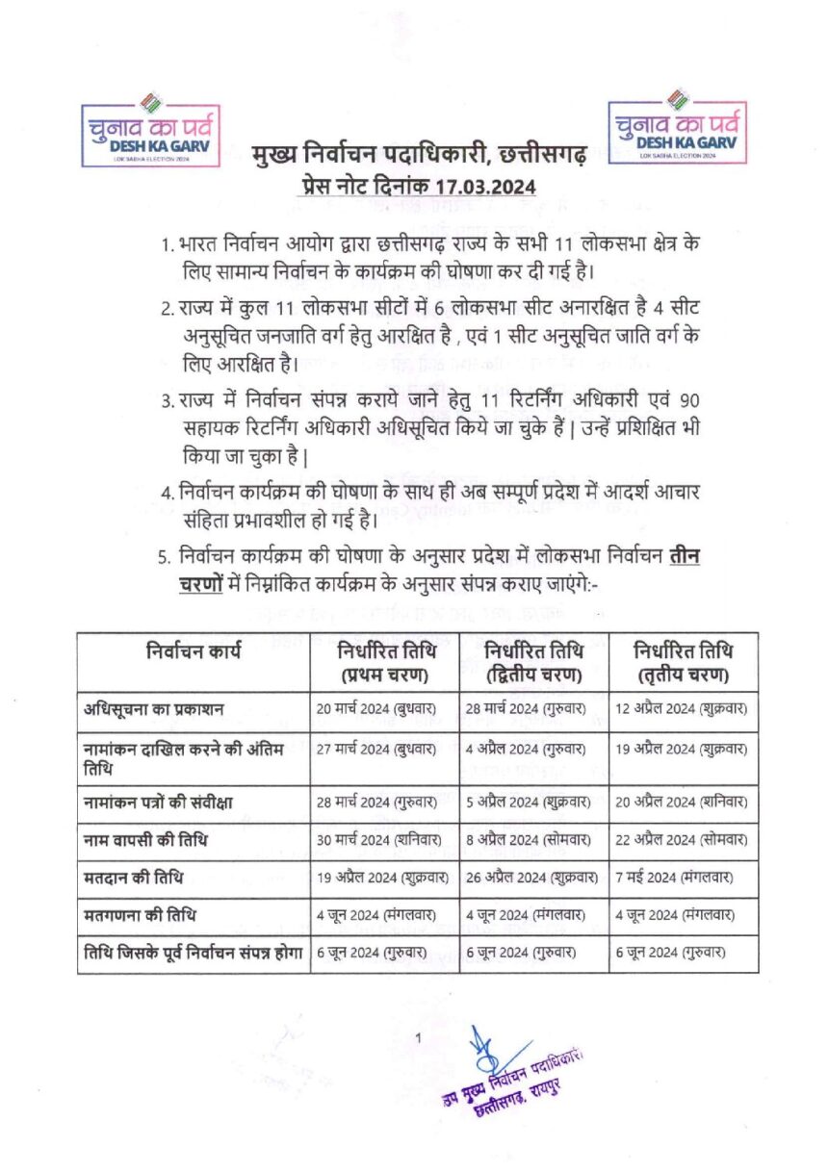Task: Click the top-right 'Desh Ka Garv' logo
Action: [679, 126]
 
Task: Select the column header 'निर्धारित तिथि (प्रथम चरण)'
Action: [383, 662]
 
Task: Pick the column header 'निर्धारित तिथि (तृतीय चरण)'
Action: [683, 662]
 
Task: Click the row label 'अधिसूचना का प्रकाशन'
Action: [154, 710]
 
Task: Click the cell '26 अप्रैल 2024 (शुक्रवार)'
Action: [533, 877]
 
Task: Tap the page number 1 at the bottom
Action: [419, 1036]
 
